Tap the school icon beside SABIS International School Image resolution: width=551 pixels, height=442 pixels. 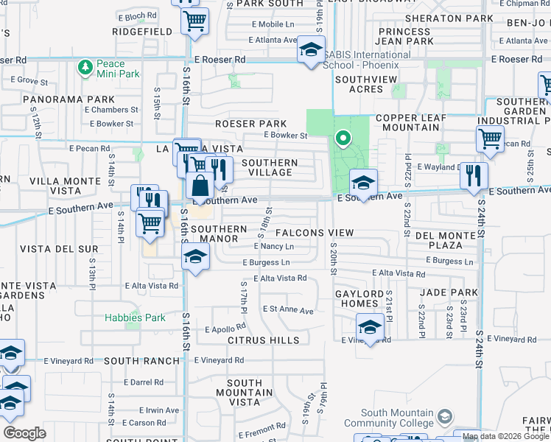[311, 50]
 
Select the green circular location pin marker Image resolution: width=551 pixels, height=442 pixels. [342, 138]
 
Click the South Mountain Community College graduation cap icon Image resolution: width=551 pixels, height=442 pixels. [444, 418]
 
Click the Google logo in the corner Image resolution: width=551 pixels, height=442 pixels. [24, 433]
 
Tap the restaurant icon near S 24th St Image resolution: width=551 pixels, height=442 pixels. [474, 175]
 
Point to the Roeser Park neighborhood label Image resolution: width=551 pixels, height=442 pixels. [250, 124]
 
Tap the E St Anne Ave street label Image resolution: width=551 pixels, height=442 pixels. [288, 310]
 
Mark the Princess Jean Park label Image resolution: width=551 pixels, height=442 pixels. [405, 36]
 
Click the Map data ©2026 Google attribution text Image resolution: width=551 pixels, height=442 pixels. [505, 436]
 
